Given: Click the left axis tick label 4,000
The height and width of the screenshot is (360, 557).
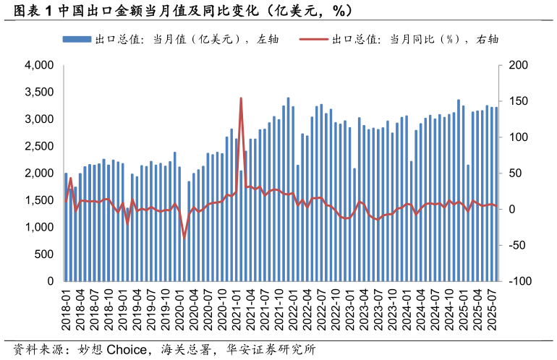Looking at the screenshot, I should (x=39, y=65).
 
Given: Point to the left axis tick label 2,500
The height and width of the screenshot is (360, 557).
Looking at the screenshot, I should (x=39, y=146).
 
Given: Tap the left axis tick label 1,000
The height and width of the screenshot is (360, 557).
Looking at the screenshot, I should (x=39, y=227).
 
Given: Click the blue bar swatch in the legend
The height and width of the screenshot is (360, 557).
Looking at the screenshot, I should (x=77, y=39).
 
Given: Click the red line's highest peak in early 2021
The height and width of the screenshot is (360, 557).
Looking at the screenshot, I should (x=241, y=98).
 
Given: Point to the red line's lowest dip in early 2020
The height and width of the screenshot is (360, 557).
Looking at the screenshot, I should (x=184, y=237).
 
